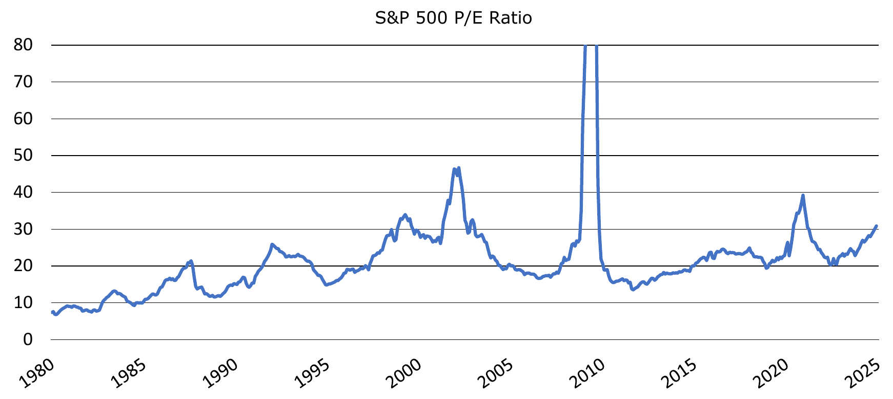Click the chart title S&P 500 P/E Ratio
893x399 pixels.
[x=453, y=18]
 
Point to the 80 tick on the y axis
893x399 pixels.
[x=23, y=45]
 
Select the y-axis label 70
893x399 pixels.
[x=23, y=82]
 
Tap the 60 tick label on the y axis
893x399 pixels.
[x=23, y=119]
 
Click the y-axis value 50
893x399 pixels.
[x=23, y=156]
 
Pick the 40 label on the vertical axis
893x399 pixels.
[x=23, y=192]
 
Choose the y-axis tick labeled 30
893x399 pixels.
[x=23, y=229]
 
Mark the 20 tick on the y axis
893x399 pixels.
[x=23, y=266]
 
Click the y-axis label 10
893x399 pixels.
[x=23, y=302]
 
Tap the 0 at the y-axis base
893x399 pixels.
[x=28, y=339]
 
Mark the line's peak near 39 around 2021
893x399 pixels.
[x=802, y=195]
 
